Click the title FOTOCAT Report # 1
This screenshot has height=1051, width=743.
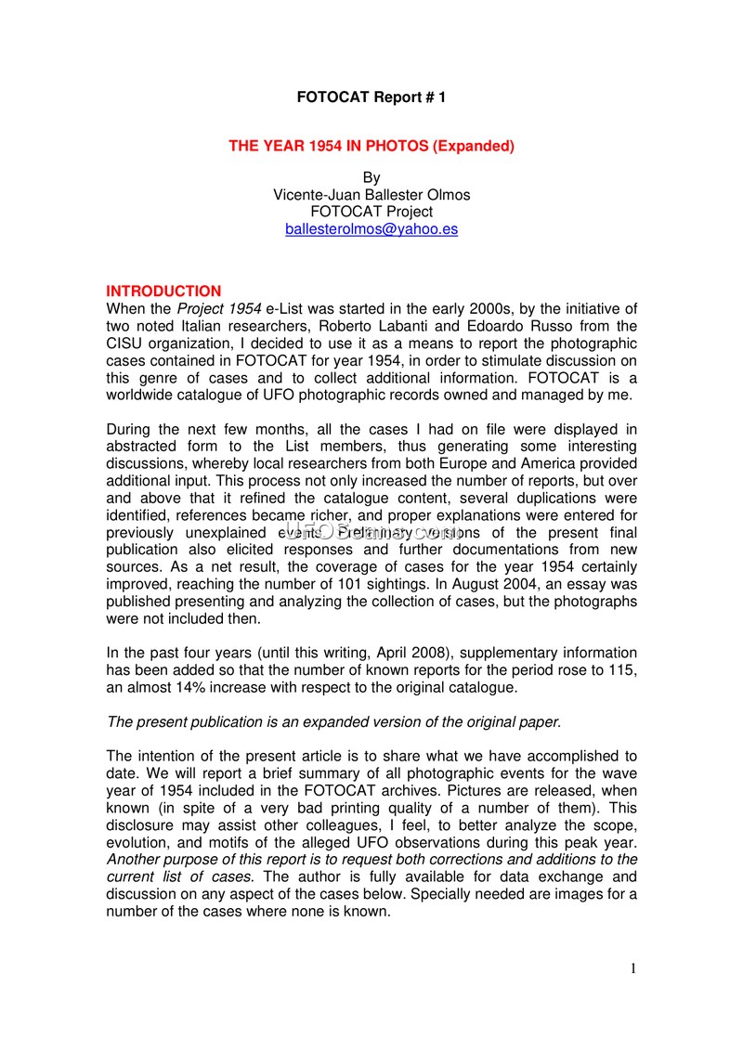[x=371, y=97]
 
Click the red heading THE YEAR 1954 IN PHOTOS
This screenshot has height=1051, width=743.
[x=371, y=146]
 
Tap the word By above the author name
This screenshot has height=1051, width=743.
[x=371, y=177]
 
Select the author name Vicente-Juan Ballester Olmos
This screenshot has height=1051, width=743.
[x=371, y=195]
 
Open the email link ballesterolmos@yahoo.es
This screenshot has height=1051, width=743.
[x=371, y=229]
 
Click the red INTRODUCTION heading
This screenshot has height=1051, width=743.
[x=163, y=292]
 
